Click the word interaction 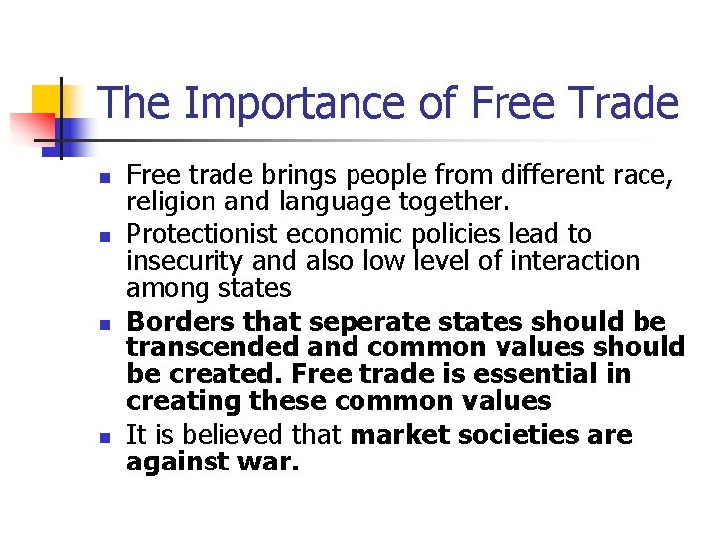point(578,262)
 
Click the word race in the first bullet point(643,178)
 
